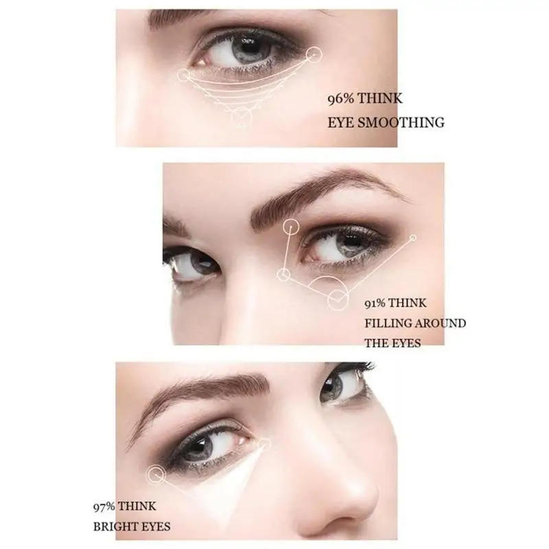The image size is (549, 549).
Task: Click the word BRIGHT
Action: coord(112,527)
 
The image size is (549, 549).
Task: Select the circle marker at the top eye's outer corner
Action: coord(313,54)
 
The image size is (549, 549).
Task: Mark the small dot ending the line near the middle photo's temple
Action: coord(413,238)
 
